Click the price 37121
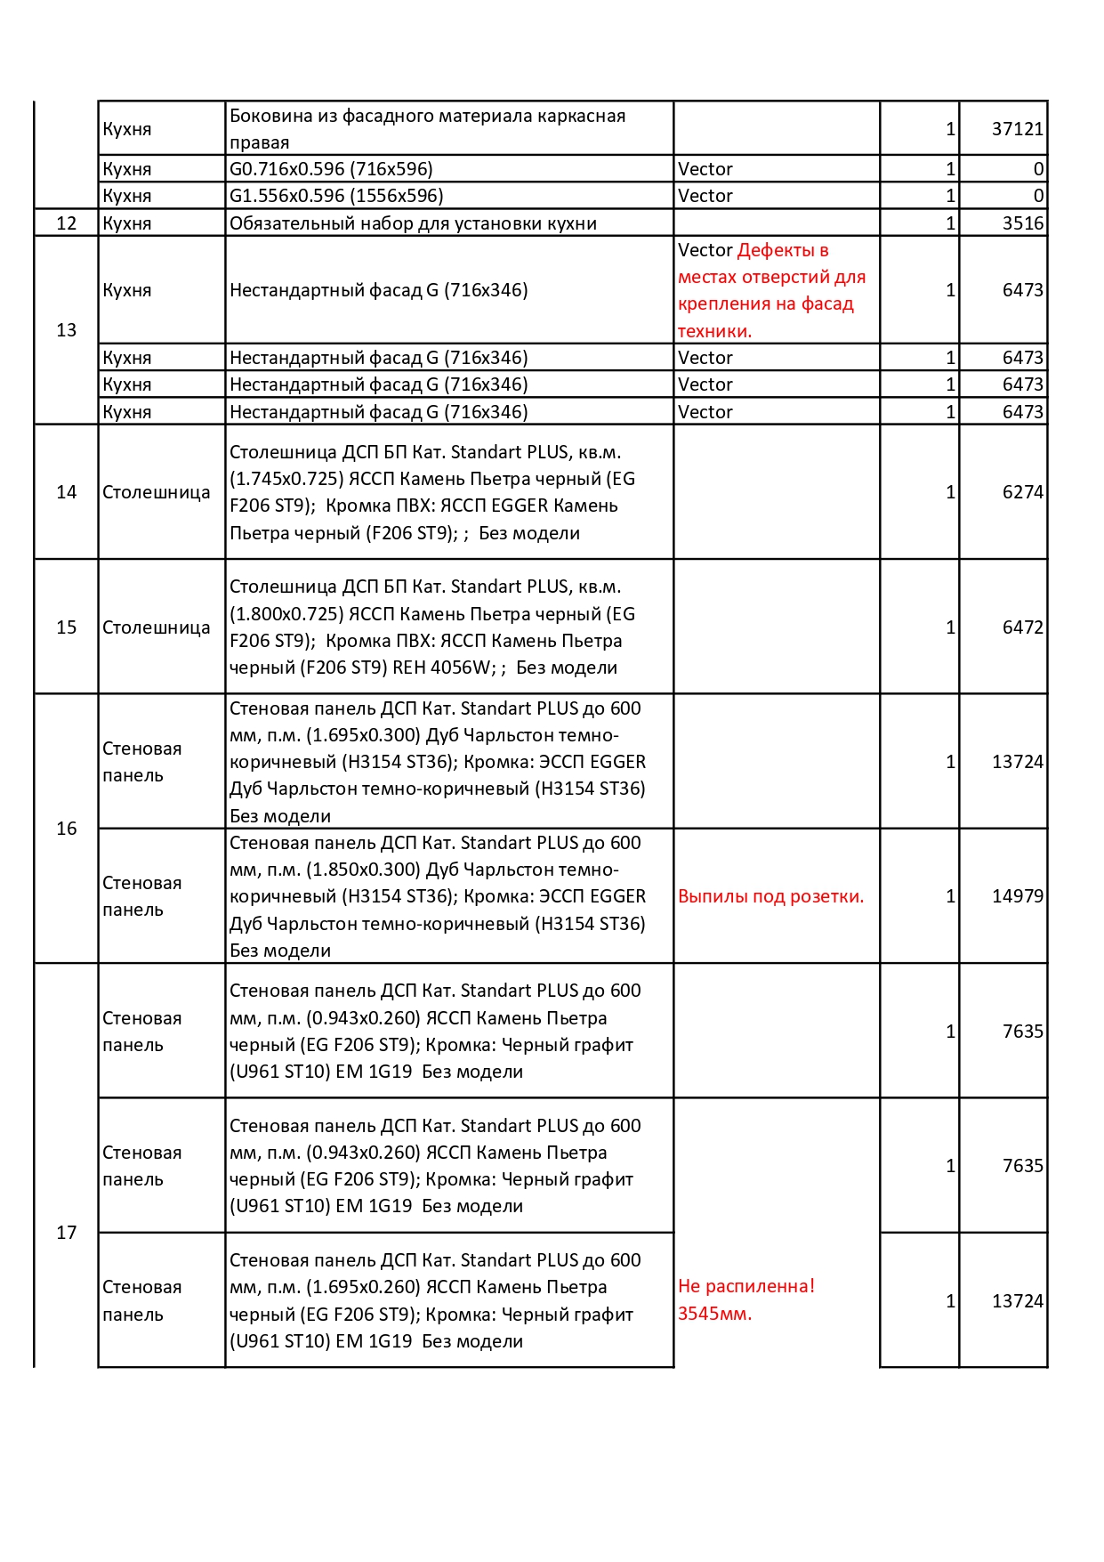tap(1017, 129)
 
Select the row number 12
tap(67, 223)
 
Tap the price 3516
tap(1022, 223)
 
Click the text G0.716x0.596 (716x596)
tap(331, 169)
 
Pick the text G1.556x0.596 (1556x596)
tap(336, 196)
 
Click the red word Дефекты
tap(783, 250)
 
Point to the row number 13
tap(67, 330)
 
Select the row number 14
tap(67, 492)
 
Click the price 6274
tap(1022, 492)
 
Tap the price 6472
tap(1022, 627)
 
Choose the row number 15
tap(67, 627)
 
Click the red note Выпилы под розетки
tap(770, 896)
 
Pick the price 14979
tap(1017, 896)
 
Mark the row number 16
tap(67, 829)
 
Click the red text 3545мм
tap(714, 1314)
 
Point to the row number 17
tap(67, 1233)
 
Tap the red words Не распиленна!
tap(745, 1286)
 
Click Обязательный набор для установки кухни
tap(413, 223)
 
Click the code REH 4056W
tap(443, 668)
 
